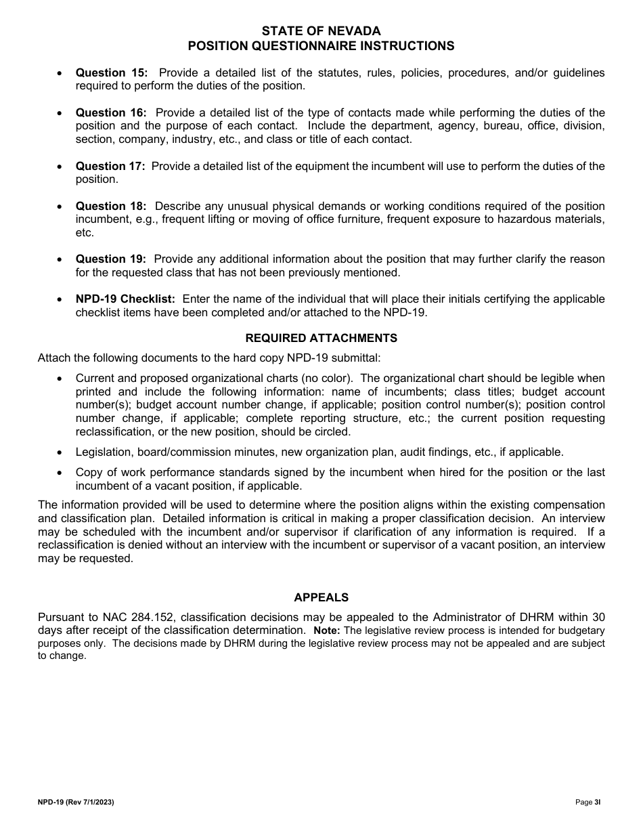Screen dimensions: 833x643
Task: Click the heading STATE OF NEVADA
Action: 321,31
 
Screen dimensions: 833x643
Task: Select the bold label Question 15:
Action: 111,72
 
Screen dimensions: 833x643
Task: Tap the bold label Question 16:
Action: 110,112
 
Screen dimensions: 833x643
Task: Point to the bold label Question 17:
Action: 110,166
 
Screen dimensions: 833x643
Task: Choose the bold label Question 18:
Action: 110,206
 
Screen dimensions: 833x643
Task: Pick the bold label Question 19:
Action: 110,259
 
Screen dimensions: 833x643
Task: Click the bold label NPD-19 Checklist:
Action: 125,299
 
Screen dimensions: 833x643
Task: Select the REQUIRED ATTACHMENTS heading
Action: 321,338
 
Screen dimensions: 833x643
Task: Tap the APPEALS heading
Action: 321,597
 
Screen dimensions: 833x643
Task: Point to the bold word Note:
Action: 326,631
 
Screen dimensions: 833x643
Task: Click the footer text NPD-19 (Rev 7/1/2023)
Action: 76,802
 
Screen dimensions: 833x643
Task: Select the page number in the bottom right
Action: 587,802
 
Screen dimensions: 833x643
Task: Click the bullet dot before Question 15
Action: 60,73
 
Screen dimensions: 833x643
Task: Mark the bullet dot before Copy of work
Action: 60,473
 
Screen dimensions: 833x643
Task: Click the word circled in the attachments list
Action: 332,431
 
